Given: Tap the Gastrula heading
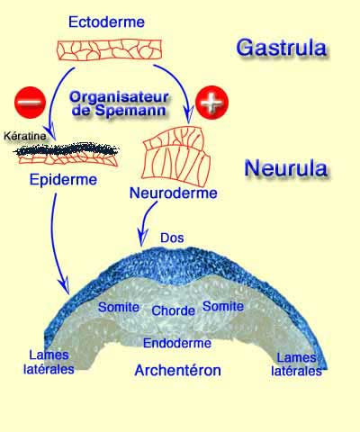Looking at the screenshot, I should [x=282, y=47].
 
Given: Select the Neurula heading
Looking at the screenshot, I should [x=287, y=167].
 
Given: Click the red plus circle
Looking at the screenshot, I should [x=212, y=102].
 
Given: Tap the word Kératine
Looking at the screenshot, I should [x=24, y=135].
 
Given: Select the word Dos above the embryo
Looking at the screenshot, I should [x=171, y=238].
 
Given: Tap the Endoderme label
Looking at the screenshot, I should [x=177, y=343].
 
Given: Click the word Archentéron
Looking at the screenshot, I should [x=179, y=369].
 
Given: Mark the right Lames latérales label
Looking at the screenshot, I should [x=299, y=364].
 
